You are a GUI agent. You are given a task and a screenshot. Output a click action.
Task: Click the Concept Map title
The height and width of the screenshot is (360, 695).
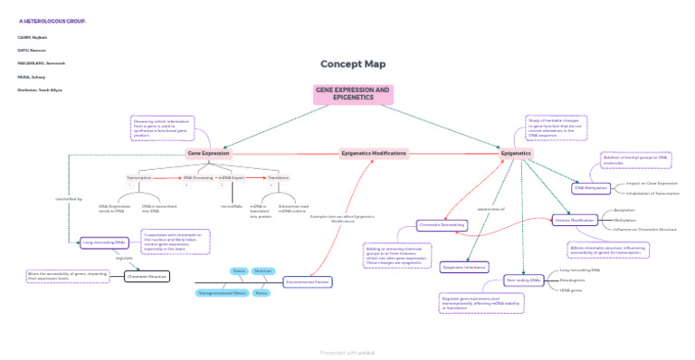(353, 64)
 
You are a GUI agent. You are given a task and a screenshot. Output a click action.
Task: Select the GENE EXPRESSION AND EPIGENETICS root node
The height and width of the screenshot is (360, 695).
(353, 94)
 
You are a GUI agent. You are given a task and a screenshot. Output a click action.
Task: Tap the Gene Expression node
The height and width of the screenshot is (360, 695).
(208, 154)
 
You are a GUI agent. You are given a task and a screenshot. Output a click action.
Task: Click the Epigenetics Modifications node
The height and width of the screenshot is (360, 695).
(374, 154)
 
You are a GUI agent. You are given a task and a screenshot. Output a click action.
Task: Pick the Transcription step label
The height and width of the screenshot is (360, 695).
(139, 177)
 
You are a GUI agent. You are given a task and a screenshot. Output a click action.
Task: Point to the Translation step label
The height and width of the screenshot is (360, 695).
(278, 177)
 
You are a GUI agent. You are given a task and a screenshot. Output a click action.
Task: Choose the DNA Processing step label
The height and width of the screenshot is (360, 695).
(198, 177)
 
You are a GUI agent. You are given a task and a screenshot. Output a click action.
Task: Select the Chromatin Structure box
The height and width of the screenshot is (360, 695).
(148, 277)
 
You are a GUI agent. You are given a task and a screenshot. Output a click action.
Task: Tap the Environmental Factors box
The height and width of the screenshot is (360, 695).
(308, 282)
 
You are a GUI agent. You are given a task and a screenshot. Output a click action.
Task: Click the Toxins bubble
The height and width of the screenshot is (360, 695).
(239, 270)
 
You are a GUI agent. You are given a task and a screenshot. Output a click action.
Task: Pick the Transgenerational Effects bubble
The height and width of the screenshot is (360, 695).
(222, 293)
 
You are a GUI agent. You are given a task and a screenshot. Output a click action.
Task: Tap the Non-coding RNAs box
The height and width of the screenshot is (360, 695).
(524, 280)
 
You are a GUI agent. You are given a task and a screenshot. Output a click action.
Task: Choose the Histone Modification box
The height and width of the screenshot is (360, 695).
(575, 220)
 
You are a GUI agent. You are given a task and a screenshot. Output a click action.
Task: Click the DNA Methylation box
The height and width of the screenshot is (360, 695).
(591, 188)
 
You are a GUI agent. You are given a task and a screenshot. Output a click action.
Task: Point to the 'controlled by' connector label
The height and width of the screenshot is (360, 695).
(69, 198)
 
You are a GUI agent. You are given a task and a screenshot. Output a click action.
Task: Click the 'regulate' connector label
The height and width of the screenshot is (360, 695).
(125, 259)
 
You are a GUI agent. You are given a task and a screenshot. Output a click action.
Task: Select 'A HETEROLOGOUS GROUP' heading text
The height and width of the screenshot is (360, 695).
(52, 20)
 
